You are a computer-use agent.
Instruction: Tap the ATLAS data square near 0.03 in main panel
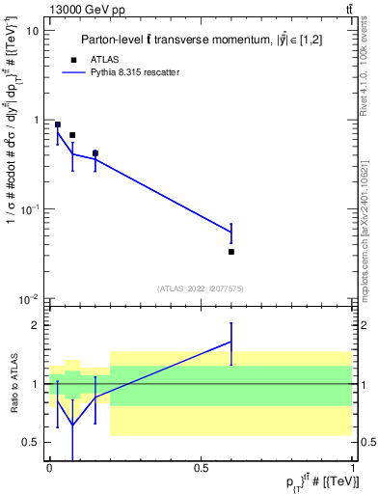(x=58, y=124)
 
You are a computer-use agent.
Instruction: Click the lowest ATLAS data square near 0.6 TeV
(x=231, y=252)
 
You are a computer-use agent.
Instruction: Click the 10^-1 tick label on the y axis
(x=29, y=209)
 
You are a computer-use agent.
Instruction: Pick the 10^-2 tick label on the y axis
(x=29, y=299)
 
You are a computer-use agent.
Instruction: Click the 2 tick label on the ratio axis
(x=37, y=325)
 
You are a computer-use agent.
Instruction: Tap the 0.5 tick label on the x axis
(x=201, y=467)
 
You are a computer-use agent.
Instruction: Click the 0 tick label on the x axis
(x=49, y=467)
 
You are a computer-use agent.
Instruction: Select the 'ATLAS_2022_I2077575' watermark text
(x=201, y=288)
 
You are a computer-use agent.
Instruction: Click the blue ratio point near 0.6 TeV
(x=231, y=341)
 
